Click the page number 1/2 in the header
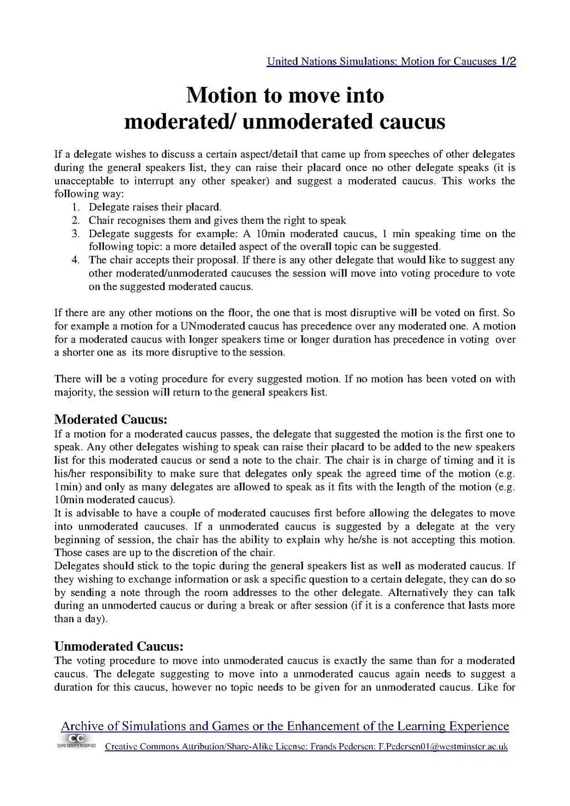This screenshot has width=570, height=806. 507,61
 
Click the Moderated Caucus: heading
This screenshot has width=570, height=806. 110,419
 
